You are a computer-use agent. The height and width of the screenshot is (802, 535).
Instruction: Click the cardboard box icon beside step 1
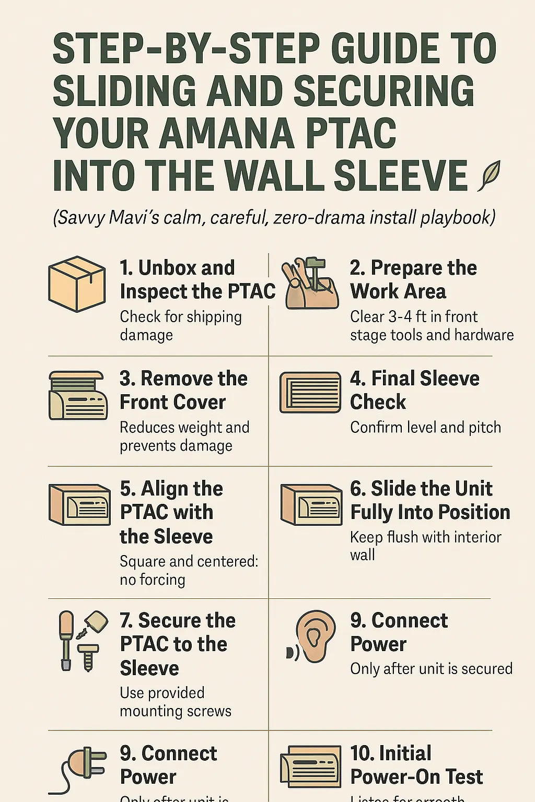tap(76, 284)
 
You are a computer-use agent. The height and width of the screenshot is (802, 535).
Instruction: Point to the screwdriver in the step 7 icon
tap(66, 640)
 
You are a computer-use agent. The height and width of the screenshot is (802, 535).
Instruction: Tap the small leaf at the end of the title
tap(490, 175)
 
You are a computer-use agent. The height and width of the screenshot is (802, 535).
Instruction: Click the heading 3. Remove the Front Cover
tap(183, 390)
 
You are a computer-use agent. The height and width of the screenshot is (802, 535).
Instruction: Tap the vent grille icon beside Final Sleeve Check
tap(310, 393)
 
